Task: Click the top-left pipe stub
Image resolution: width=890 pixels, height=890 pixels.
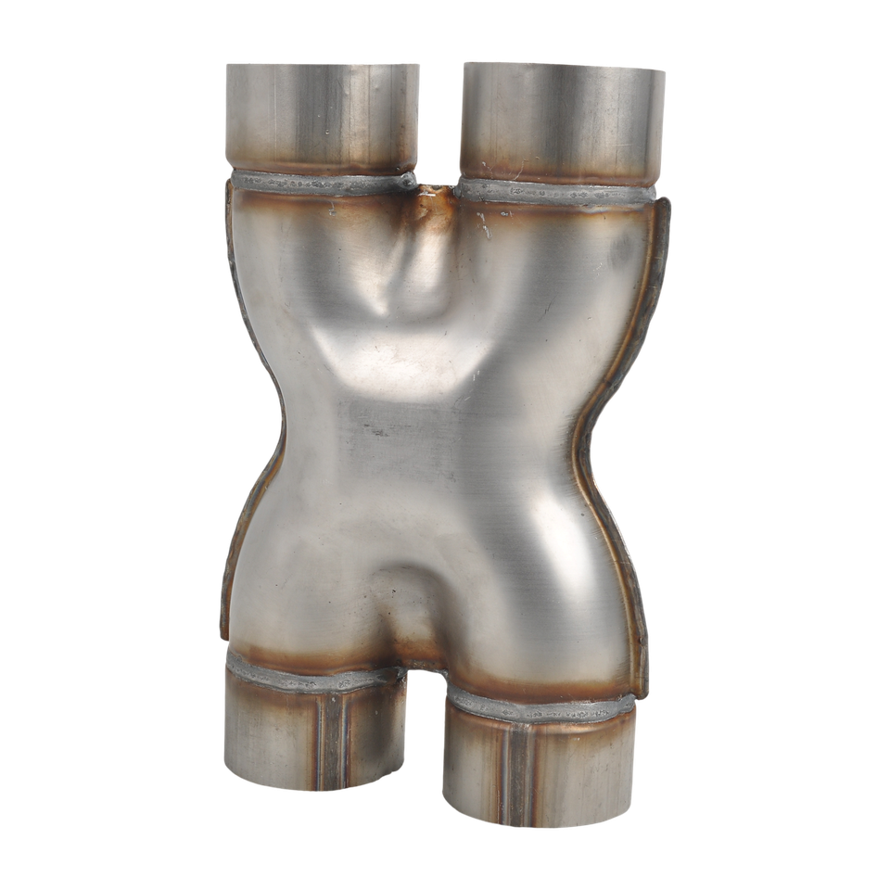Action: (321, 116)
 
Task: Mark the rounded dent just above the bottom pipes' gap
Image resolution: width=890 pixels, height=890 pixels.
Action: (408, 603)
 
